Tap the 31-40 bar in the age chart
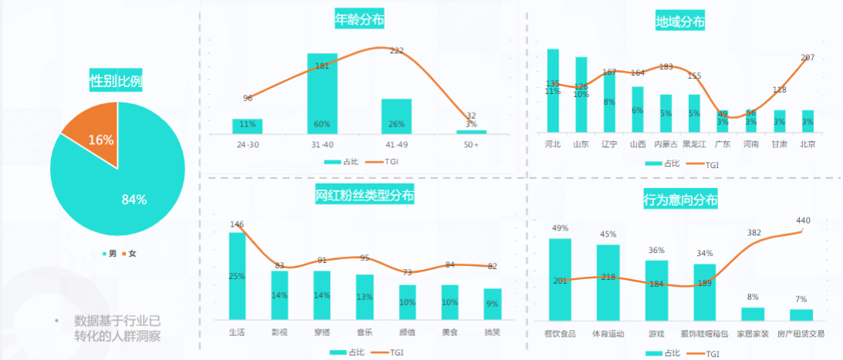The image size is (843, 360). pos(322,93)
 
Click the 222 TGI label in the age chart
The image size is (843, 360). pos(397,51)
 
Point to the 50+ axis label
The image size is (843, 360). pos(471,144)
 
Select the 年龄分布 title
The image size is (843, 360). pos(359,19)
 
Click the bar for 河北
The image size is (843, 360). pos(553,90)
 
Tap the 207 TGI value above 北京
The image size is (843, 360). pos(808,58)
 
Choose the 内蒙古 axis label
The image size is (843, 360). pos(666,144)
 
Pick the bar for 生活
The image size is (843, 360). pos(237,276)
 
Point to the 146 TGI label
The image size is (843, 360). pos(237,224)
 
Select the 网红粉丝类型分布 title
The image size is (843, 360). pos(365,196)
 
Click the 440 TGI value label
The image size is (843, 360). pos(804,220)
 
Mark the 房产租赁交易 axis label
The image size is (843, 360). pos(801,334)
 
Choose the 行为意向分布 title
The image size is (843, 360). pos(680,200)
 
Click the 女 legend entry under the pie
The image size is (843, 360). pos(132,254)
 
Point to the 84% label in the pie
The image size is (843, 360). pos(134,200)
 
